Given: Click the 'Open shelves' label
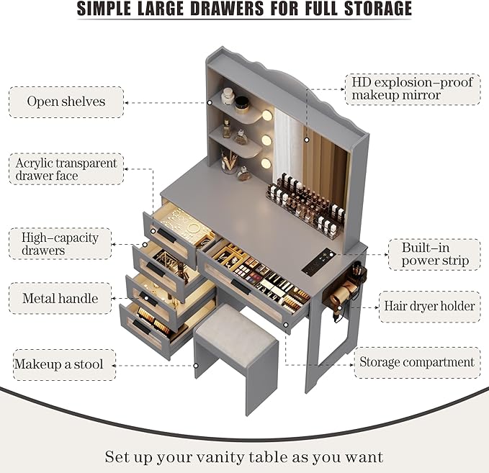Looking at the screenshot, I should (66, 102).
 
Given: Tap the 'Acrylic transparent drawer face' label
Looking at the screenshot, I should (66, 170).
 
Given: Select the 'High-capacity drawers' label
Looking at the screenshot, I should (60, 243).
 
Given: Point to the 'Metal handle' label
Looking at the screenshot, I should (60, 298).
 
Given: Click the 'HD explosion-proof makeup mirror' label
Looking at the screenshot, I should (413, 88).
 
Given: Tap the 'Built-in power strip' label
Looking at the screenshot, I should (435, 254).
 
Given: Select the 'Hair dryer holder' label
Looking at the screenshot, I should (429, 306).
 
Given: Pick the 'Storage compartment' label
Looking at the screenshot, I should (417, 362).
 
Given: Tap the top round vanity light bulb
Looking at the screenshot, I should (267, 115).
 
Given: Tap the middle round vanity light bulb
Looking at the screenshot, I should (266, 140).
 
